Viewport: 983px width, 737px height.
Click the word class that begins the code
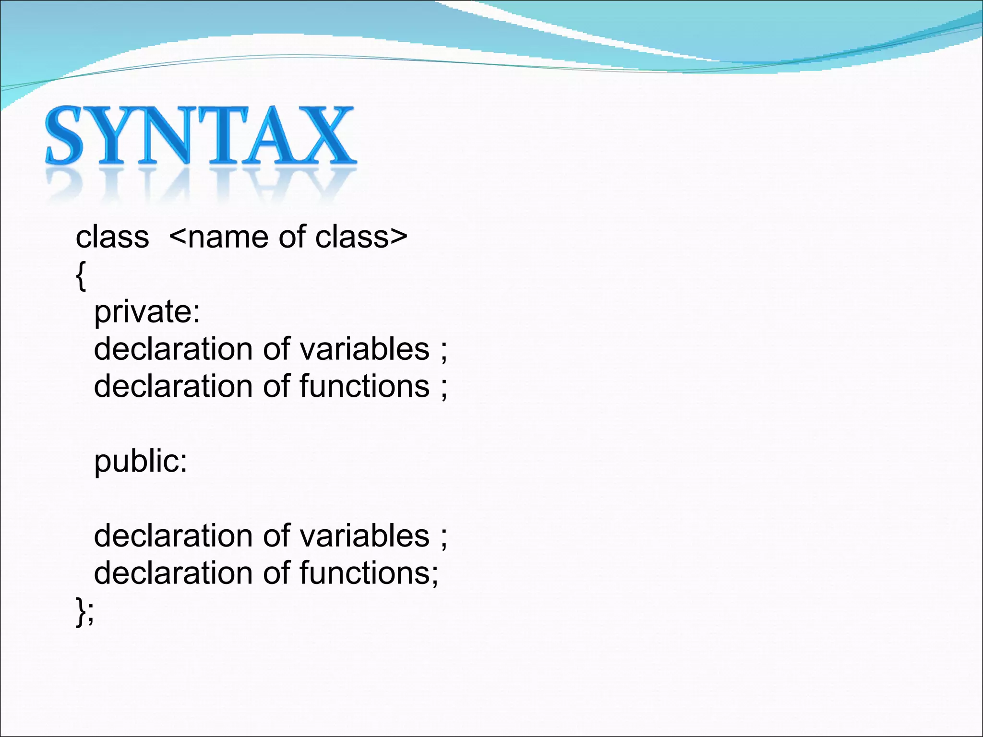pyautogui.click(x=112, y=237)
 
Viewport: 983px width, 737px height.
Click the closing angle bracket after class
pyautogui.click(x=398, y=237)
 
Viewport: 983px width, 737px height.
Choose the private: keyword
pyautogui.click(x=147, y=313)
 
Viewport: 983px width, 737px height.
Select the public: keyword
pyautogui.click(x=141, y=462)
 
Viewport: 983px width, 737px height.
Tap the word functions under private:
pyautogui.click(x=364, y=386)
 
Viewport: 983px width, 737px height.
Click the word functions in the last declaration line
pyautogui.click(x=364, y=573)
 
